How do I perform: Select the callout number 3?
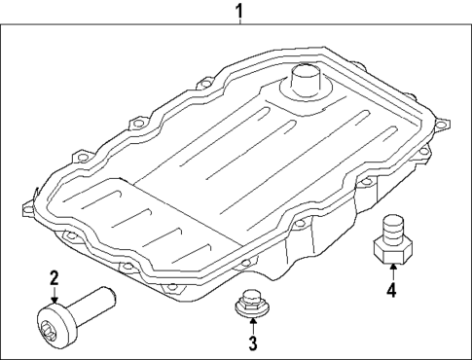click(x=251, y=342)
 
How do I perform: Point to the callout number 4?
click(x=390, y=289)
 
